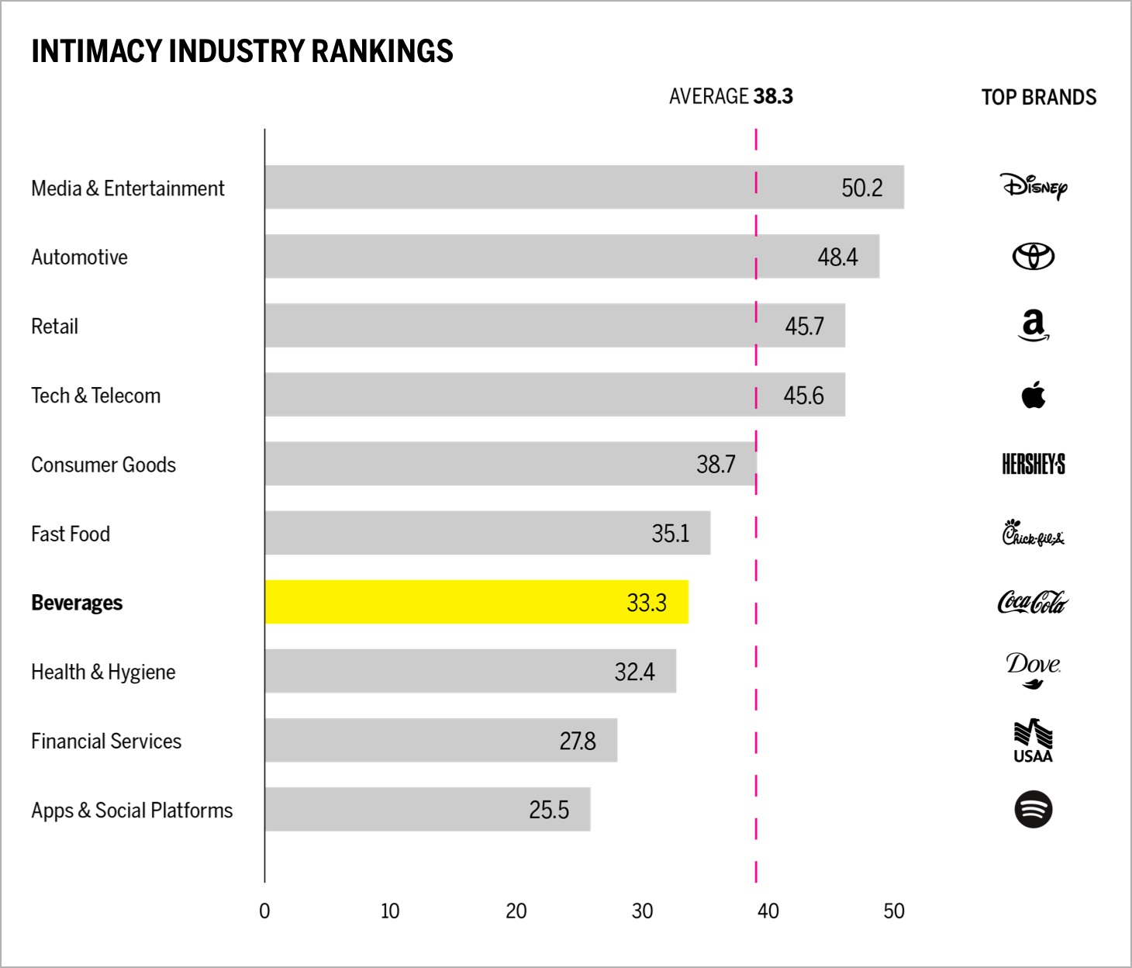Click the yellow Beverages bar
476,602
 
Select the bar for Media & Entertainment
584,187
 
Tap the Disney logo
1034,186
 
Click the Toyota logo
1034,256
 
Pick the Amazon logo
1034,325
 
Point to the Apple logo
1034,395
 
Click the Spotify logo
1034,809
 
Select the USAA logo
1034,742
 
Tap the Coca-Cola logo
1033,602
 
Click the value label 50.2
862,188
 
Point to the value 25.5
549,810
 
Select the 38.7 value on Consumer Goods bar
716,464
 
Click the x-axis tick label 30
642,911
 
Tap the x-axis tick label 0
264,911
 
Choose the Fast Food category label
71,534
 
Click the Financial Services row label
106,741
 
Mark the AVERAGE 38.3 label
730,96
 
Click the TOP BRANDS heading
1039,97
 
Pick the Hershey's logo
1034,464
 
